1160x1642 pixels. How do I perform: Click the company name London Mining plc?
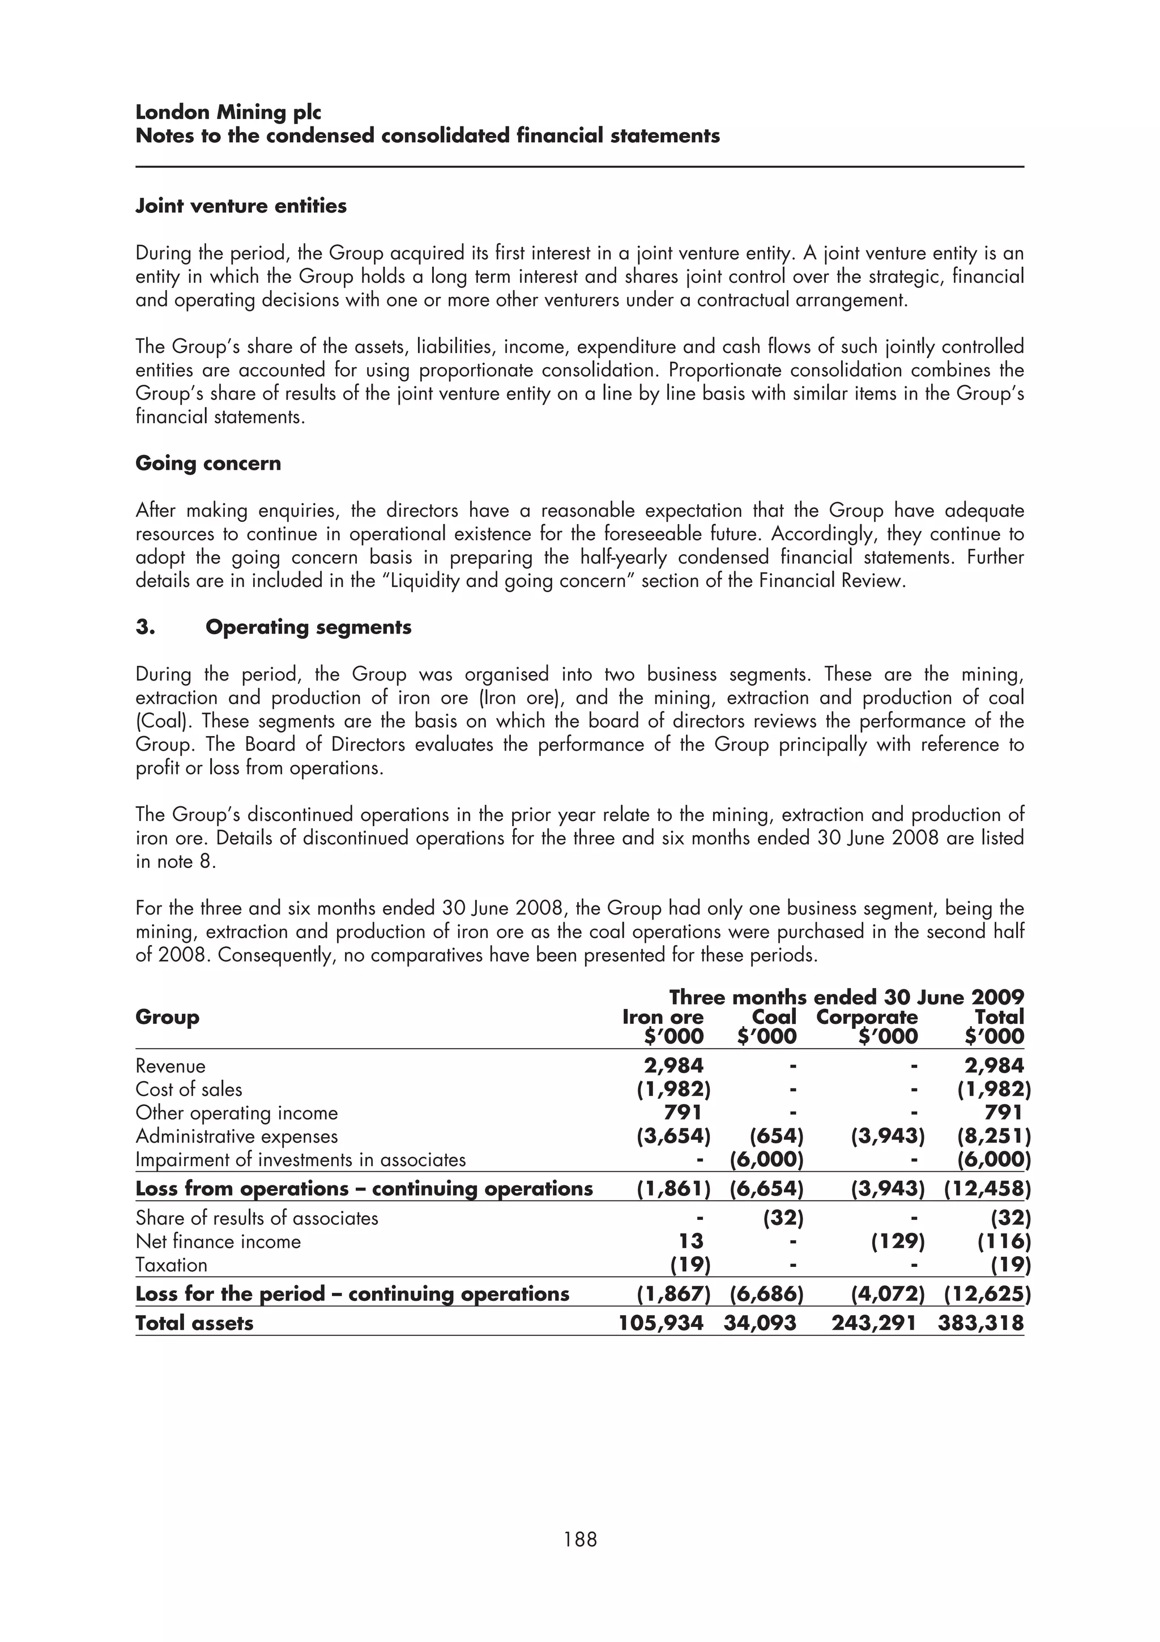[x=228, y=112]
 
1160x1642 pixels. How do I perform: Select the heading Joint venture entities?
[x=241, y=206]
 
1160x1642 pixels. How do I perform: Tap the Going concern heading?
[x=208, y=463]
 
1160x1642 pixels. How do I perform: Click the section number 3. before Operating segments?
[x=145, y=627]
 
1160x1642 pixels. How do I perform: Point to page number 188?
[x=579, y=1539]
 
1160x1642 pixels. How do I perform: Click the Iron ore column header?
[x=663, y=1017]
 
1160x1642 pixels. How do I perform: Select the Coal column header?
[x=774, y=1017]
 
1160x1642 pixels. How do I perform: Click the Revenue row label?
[x=170, y=1066]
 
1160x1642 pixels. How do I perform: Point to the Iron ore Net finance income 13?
[x=690, y=1241]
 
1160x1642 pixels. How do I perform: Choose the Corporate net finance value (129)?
[x=898, y=1241]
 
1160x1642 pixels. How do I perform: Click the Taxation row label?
[x=171, y=1265]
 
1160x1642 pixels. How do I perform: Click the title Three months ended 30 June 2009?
[x=846, y=997]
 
